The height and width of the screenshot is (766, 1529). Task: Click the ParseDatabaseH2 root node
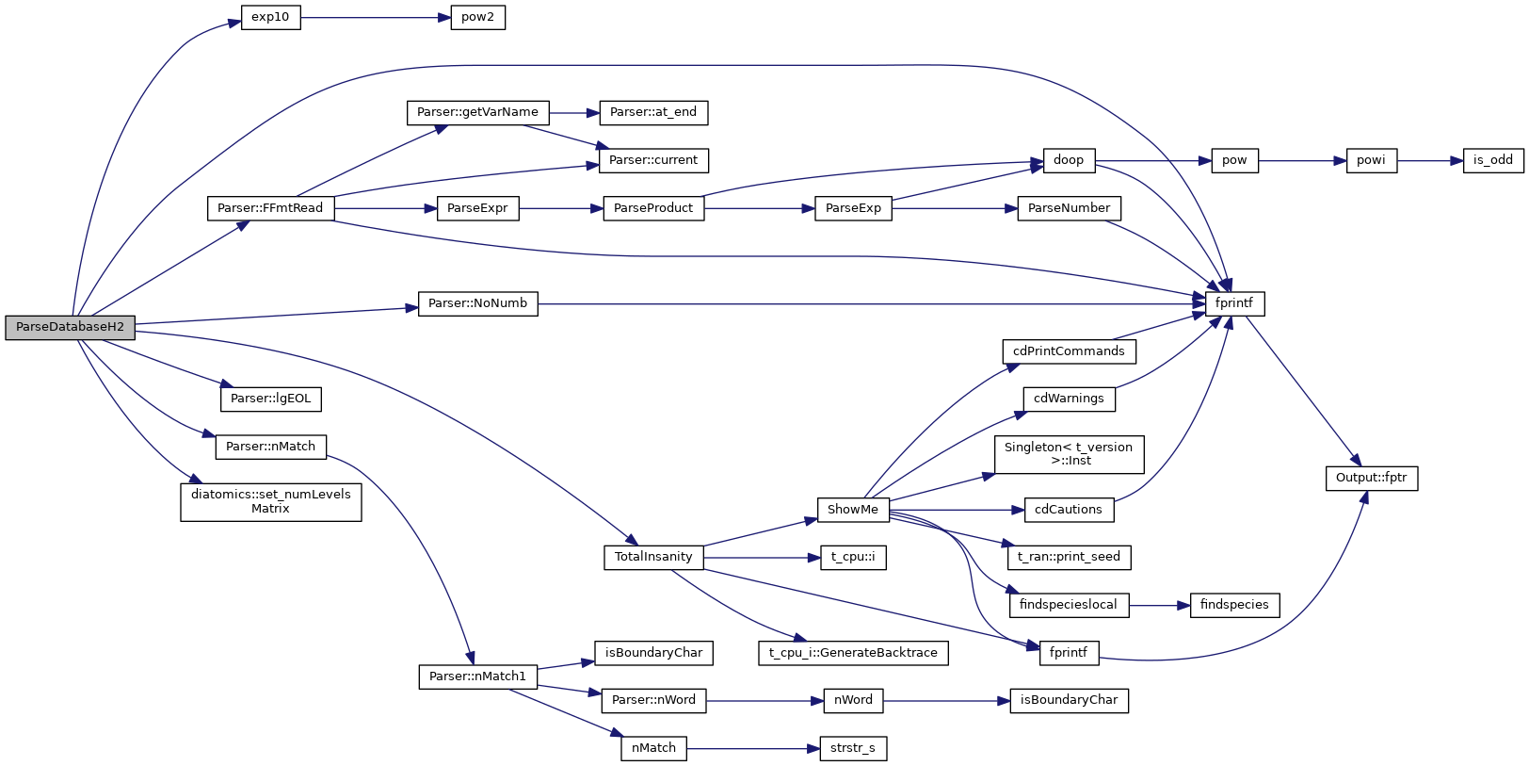70,327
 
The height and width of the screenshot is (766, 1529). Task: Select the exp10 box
270,17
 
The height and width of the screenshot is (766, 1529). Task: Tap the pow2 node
477,17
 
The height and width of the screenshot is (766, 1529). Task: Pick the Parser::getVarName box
477,112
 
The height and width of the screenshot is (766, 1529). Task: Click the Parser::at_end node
653,112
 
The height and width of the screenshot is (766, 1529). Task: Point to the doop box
1069,160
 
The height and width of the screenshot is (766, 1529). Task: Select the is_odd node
1493,160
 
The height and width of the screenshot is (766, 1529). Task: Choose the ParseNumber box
1069,208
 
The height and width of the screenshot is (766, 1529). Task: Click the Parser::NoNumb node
477,303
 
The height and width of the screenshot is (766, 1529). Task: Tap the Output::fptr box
1371,478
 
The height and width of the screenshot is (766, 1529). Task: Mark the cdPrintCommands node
1069,351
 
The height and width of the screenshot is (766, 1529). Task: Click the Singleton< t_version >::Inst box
1069,454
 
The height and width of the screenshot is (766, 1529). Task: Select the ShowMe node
853,510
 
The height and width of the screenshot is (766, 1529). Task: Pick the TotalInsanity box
653,557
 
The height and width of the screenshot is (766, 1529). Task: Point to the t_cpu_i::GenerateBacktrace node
853,653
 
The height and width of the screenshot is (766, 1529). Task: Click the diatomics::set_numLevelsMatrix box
270,501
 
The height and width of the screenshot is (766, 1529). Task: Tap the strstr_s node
853,748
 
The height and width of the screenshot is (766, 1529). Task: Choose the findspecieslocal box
1069,605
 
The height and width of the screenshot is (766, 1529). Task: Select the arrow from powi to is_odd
1429,160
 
